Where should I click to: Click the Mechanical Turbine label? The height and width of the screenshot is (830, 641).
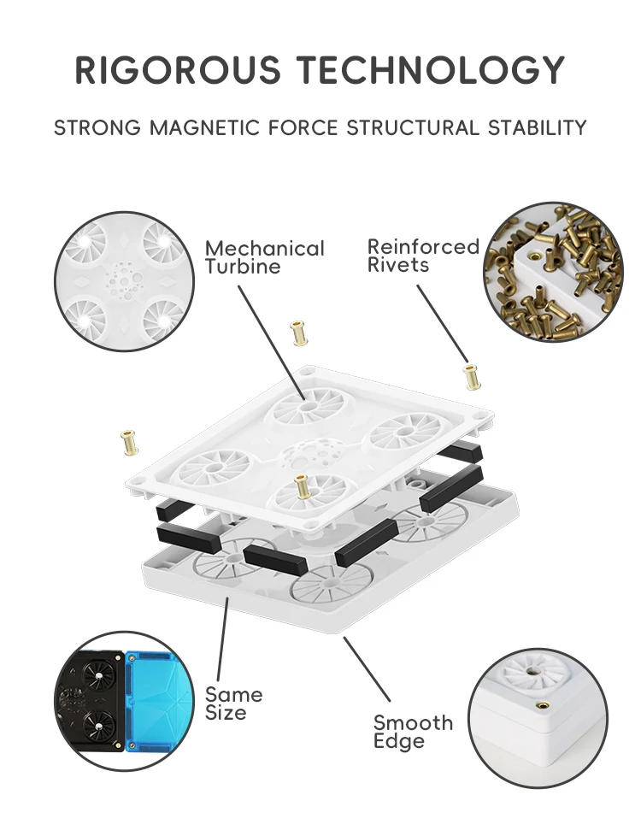(264, 257)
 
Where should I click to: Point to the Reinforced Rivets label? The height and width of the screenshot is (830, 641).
(423, 256)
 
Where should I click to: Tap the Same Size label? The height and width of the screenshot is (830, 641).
(232, 703)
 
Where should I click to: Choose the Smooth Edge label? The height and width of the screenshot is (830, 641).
(413, 732)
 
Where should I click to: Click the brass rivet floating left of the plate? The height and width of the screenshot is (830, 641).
(129, 442)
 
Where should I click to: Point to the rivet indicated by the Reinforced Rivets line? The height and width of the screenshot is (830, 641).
(469, 375)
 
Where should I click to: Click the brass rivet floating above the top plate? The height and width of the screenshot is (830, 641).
(299, 333)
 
